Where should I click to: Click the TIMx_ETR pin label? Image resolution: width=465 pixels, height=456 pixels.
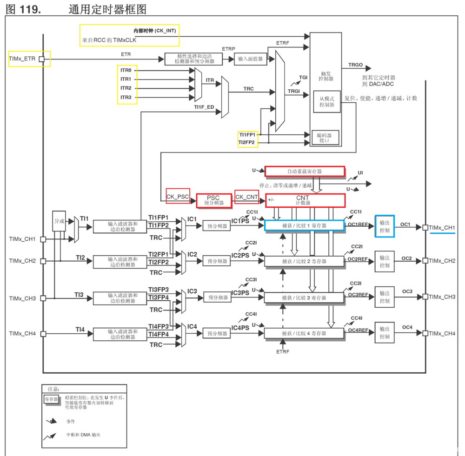[x=22, y=59]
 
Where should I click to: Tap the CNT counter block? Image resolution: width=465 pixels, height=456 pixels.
[x=305, y=200]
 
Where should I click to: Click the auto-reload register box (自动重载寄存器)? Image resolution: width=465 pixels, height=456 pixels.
[x=305, y=171]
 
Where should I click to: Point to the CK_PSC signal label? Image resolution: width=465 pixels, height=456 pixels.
[x=178, y=197]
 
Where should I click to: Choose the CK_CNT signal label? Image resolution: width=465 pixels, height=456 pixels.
[x=246, y=197]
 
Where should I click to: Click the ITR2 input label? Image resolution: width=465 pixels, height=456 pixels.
[x=126, y=88]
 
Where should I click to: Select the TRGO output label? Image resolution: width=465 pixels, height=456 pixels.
[x=355, y=66]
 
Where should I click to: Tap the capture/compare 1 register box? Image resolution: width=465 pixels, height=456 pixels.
[x=304, y=225]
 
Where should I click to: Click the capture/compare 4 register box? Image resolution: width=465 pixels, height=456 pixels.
[x=304, y=333]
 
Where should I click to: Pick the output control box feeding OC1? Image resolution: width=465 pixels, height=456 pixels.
[x=385, y=226]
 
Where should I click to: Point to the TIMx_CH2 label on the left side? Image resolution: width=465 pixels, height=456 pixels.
[x=22, y=261]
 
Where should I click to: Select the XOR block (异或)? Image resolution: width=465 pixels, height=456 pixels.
[x=59, y=221]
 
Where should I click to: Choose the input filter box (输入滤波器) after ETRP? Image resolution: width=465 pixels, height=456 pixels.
[x=250, y=59]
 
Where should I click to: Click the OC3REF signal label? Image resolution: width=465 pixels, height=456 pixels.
[x=358, y=295]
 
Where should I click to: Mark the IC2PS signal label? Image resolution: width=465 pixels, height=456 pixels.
[x=240, y=255]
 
